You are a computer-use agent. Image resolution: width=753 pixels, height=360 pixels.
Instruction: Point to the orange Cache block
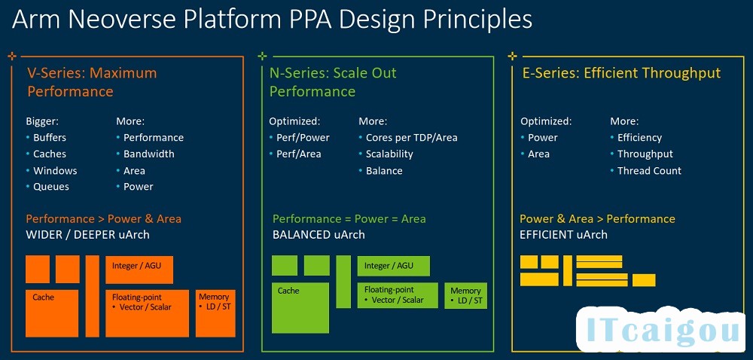(x=52, y=313)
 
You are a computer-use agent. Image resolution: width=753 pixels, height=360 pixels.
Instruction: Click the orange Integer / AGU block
(x=139, y=270)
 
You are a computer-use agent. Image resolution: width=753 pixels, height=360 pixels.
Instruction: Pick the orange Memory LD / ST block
(x=215, y=313)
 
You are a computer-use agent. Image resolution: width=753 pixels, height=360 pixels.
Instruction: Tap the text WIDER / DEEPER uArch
(x=88, y=235)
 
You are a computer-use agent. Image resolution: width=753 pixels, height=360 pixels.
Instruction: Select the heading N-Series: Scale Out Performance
(x=333, y=82)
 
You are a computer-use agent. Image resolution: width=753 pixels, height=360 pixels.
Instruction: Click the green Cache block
(x=300, y=308)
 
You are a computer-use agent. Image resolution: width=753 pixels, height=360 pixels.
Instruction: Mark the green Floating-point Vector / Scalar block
(x=398, y=295)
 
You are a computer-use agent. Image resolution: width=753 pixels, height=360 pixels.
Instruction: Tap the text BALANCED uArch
(x=319, y=235)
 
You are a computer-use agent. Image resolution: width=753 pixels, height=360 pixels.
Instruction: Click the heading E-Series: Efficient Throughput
(x=622, y=74)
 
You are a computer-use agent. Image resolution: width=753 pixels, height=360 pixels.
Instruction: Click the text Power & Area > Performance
(x=597, y=219)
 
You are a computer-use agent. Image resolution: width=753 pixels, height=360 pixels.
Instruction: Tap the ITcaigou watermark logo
(x=661, y=331)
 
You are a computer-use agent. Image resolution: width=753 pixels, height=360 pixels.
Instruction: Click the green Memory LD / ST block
(x=466, y=296)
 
